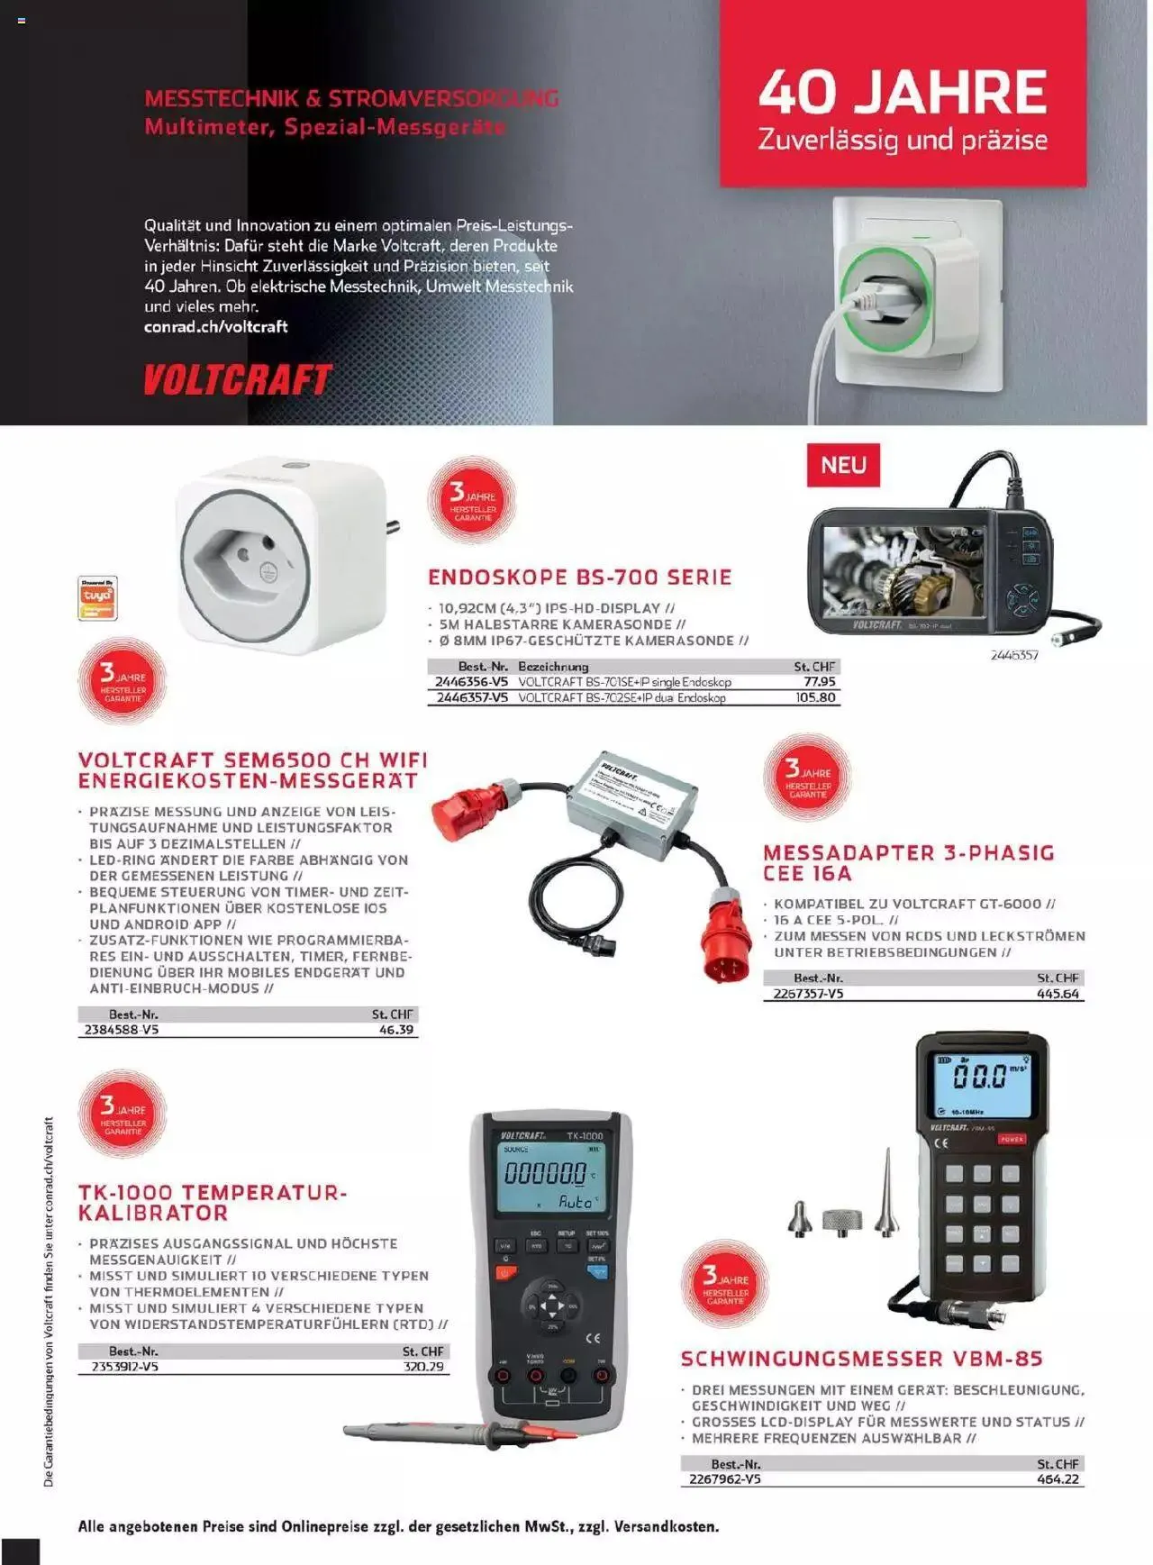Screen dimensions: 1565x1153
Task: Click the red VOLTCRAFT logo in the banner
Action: tap(238, 380)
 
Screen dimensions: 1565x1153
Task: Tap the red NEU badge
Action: tap(843, 465)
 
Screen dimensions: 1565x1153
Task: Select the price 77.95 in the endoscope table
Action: tap(820, 682)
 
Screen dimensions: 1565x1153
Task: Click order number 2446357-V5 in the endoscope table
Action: tap(472, 697)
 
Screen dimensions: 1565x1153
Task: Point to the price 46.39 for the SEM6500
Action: tap(396, 1030)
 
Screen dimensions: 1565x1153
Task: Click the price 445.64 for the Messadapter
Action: tap(1058, 994)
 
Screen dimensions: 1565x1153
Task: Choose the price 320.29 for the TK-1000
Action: tap(423, 1367)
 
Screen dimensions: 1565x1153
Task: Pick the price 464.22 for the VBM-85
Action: tap(1058, 1479)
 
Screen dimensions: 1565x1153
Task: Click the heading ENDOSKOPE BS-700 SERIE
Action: tap(579, 578)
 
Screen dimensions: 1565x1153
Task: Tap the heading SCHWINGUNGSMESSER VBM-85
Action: tap(861, 1359)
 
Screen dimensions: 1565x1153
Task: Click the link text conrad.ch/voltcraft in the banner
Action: tap(215, 327)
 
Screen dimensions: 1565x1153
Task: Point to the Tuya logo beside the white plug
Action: tap(97, 597)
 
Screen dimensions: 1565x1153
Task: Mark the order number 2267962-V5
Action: tap(724, 1479)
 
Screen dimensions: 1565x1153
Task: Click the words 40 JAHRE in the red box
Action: tap(903, 93)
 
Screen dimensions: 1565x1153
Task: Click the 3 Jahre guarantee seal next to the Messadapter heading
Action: tap(807, 777)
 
